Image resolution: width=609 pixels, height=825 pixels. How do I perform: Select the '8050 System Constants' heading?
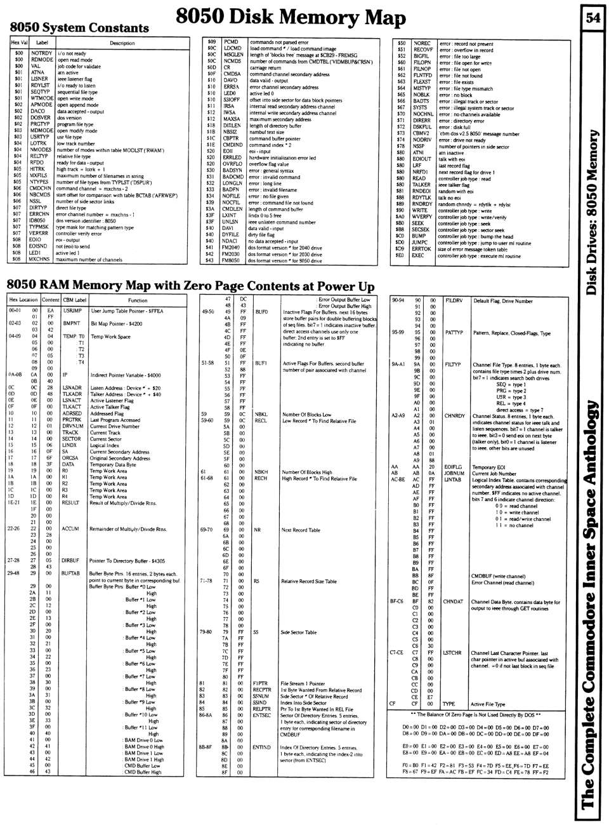(x=79, y=27)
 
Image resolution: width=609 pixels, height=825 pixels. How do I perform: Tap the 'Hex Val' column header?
(x=19, y=43)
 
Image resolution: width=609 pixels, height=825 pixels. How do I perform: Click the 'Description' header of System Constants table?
(x=122, y=43)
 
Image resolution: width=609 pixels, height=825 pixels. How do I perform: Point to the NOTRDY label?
(x=41, y=53)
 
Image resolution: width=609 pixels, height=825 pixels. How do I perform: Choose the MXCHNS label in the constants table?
(x=39, y=259)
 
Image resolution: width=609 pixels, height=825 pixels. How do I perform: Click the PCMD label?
(x=231, y=42)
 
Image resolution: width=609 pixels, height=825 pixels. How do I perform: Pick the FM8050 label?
(x=231, y=260)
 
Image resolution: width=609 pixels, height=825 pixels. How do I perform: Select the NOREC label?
(x=422, y=43)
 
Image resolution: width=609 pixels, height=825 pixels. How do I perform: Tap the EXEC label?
(x=418, y=255)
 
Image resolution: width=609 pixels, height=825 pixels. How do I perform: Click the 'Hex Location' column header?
(x=23, y=300)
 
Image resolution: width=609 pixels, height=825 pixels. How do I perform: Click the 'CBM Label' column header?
(x=74, y=300)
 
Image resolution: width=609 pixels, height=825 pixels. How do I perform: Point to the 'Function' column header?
(x=138, y=300)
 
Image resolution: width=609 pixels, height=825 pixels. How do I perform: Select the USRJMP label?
(x=72, y=311)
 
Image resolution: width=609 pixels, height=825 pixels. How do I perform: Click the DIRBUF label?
(x=70, y=561)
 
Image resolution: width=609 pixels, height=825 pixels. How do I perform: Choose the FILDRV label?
(x=454, y=300)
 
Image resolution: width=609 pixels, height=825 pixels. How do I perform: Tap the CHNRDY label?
(x=455, y=416)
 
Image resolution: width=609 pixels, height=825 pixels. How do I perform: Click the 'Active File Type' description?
(x=488, y=704)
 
